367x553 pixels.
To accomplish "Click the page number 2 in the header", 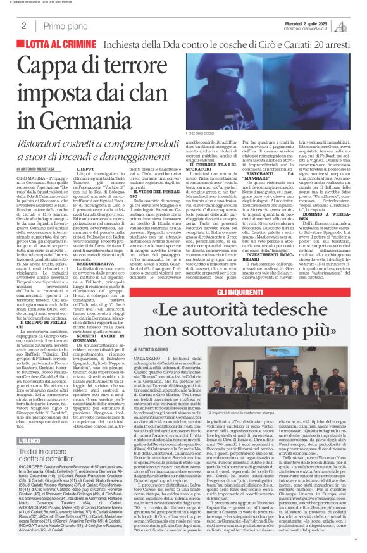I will tap(23, 27).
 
